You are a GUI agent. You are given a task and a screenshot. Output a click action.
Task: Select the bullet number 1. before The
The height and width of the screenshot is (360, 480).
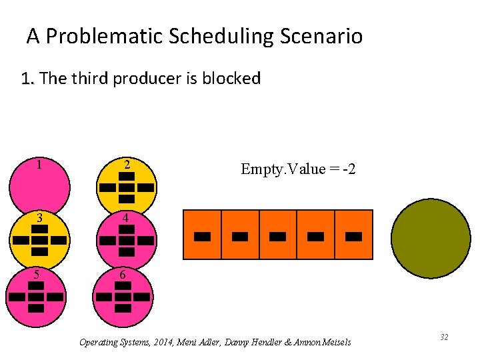pos(27,79)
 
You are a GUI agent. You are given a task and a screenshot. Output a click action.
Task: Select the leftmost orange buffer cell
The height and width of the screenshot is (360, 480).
pos(202,235)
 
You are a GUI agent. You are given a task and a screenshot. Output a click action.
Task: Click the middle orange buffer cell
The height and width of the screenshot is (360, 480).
pos(278,235)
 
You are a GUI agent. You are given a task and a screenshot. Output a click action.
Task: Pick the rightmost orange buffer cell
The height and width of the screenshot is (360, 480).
pos(353,235)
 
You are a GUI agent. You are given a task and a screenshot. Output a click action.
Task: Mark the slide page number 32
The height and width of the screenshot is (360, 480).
pos(443,338)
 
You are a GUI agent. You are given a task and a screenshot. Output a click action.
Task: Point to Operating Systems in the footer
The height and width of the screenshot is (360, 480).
pos(111,343)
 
